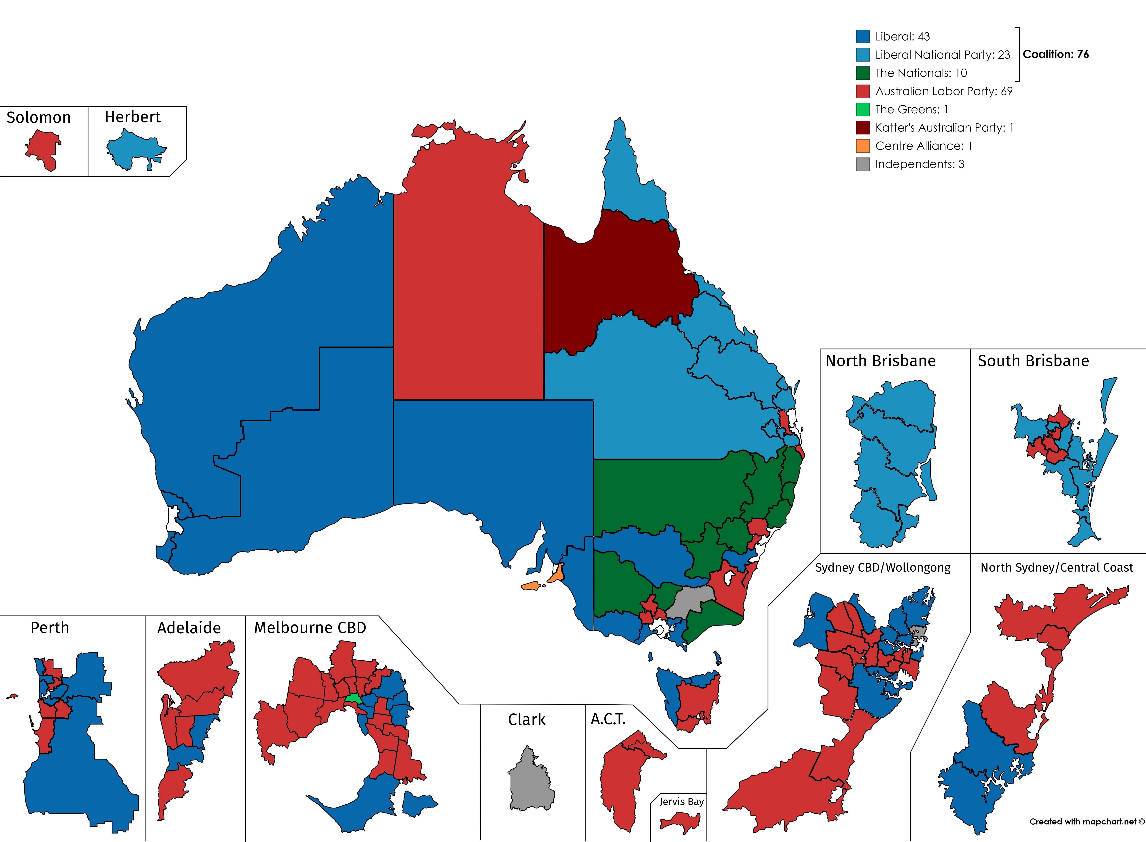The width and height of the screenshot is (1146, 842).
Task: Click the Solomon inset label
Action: click(x=39, y=118)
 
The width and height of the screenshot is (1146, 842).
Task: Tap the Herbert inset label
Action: click(x=133, y=117)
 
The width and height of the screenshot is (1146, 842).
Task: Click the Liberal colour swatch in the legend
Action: click(x=863, y=37)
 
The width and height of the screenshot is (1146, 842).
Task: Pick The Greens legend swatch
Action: click(x=863, y=110)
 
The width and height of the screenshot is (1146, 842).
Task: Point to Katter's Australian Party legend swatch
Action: click(x=863, y=128)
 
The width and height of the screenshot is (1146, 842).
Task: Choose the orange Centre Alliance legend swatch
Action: click(x=863, y=146)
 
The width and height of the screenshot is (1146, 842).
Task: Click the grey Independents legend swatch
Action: click(x=863, y=164)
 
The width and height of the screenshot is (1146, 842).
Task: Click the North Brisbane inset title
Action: click(x=880, y=361)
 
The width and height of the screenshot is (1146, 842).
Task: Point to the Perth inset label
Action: click(x=49, y=627)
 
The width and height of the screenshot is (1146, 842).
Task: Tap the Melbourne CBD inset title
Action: click(x=310, y=627)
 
